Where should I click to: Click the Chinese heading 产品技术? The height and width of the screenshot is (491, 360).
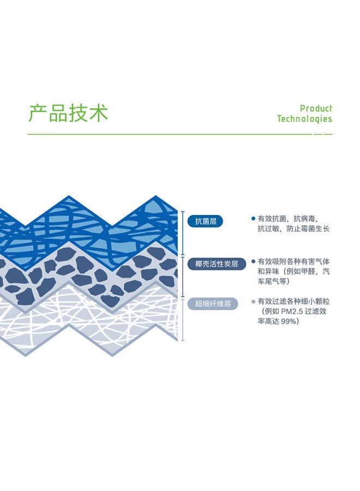(68, 113)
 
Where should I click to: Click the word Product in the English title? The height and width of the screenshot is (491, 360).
(316, 109)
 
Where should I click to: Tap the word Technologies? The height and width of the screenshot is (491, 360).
(304, 119)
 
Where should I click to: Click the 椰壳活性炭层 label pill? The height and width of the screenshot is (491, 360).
(217, 264)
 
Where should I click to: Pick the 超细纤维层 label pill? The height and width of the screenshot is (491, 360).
(213, 303)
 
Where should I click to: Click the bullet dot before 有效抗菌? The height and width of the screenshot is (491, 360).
(253, 219)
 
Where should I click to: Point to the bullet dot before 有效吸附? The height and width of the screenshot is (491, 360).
(253, 261)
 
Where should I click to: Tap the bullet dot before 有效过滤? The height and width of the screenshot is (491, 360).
(253, 302)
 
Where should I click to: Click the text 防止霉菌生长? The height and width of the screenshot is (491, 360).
(308, 229)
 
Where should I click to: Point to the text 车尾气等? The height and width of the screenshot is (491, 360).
(272, 281)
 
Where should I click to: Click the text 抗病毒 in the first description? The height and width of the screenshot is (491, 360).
(304, 219)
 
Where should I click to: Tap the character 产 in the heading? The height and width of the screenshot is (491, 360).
(38, 113)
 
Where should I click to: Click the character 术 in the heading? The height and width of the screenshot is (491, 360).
(99, 113)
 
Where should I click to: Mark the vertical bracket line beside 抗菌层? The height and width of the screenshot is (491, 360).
(183, 233)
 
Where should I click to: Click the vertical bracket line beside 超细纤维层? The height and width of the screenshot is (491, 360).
(183, 319)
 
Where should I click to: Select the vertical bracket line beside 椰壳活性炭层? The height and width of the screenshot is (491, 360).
(183, 277)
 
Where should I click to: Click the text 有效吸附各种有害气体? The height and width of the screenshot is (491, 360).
(293, 261)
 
